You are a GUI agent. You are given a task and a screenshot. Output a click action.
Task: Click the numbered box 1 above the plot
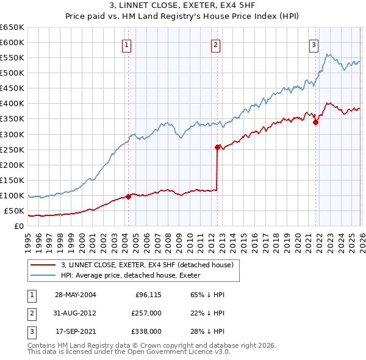point(126,44)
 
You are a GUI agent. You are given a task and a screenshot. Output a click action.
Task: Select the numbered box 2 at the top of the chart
point(215,44)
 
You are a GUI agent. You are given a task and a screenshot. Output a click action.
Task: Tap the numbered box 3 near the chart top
point(314,44)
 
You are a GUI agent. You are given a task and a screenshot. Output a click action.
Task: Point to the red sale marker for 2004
point(128,196)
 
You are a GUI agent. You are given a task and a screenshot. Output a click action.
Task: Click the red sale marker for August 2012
point(217,147)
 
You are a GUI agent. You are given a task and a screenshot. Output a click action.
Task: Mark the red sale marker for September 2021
point(315,122)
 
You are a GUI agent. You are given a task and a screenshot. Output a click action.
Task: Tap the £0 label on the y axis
point(19,226)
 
